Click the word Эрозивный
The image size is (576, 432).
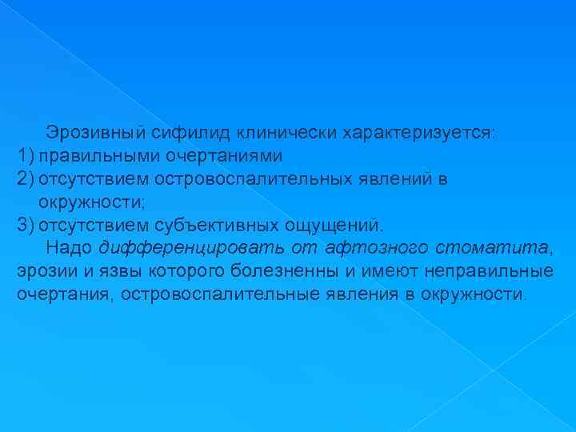click(86, 131)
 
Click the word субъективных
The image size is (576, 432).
click(211, 222)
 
